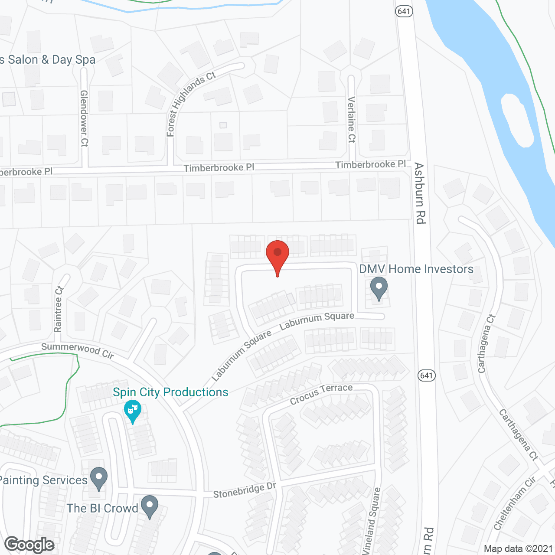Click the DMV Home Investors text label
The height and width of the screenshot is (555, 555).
point(416,269)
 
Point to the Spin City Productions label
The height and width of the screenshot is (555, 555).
point(170,392)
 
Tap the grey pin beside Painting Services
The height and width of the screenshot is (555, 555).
point(99,478)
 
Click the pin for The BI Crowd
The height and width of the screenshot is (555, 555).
point(150,506)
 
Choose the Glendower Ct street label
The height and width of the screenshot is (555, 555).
point(84,118)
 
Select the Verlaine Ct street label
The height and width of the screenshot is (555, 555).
point(351,119)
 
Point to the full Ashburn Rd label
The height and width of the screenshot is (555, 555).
point(419,193)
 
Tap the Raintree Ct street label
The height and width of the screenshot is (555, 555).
point(59,309)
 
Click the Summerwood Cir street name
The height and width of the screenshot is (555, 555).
point(78,351)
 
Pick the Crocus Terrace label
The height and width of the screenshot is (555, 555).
point(321,393)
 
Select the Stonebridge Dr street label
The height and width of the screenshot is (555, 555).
point(245,490)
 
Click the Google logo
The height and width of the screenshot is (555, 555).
point(29,545)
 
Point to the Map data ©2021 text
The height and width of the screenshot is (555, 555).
point(518,548)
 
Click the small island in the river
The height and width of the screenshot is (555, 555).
point(517,119)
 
